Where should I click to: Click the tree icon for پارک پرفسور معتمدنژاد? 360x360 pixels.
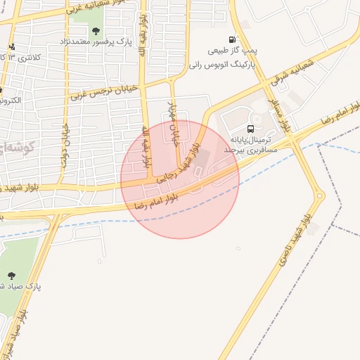(x=96, y=30)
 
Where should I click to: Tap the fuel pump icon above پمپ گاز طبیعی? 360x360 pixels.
(x=233, y=39)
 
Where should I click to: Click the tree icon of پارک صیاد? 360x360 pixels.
(x=11, y=275)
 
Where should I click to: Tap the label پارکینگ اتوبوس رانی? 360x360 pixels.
(x=221, y=64)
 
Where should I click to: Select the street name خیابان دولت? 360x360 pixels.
(x=67, y=144)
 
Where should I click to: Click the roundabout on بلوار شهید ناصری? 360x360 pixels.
(x=320, y=195)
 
